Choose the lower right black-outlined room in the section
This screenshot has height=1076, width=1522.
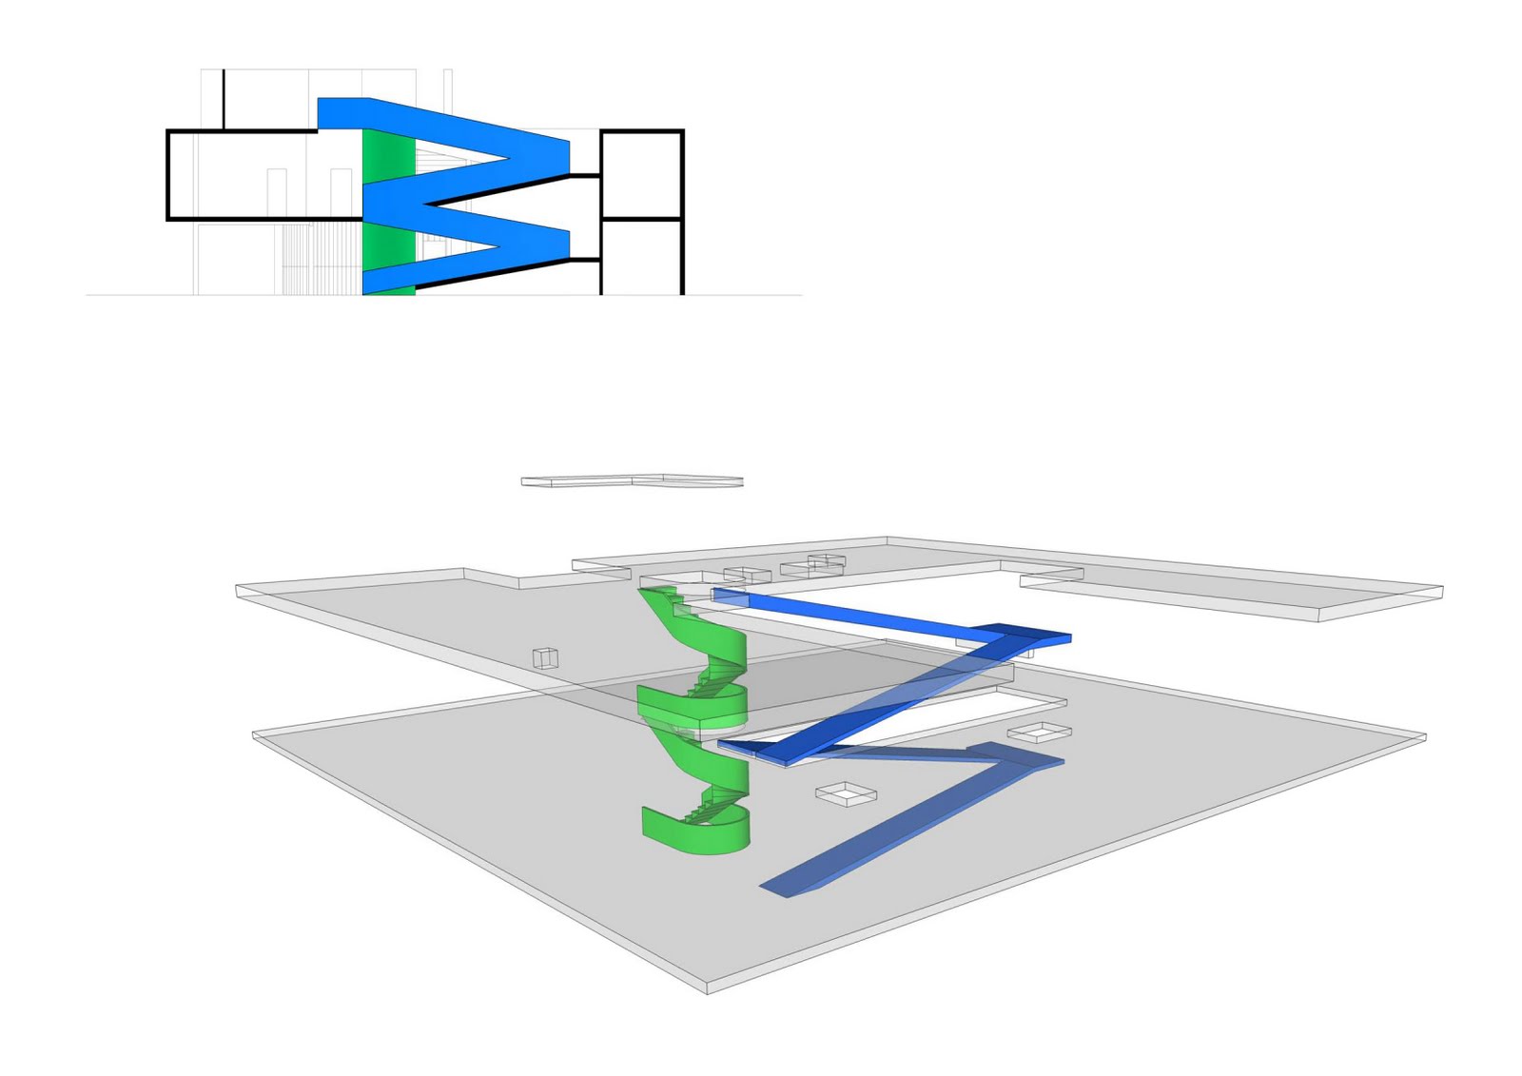[642, 256]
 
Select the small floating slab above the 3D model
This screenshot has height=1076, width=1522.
[632, 480]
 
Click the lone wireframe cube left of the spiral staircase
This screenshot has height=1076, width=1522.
[545, 657]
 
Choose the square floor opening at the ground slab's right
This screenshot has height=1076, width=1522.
[1039, 732]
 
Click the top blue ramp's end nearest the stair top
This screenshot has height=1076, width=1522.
[728, 596]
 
